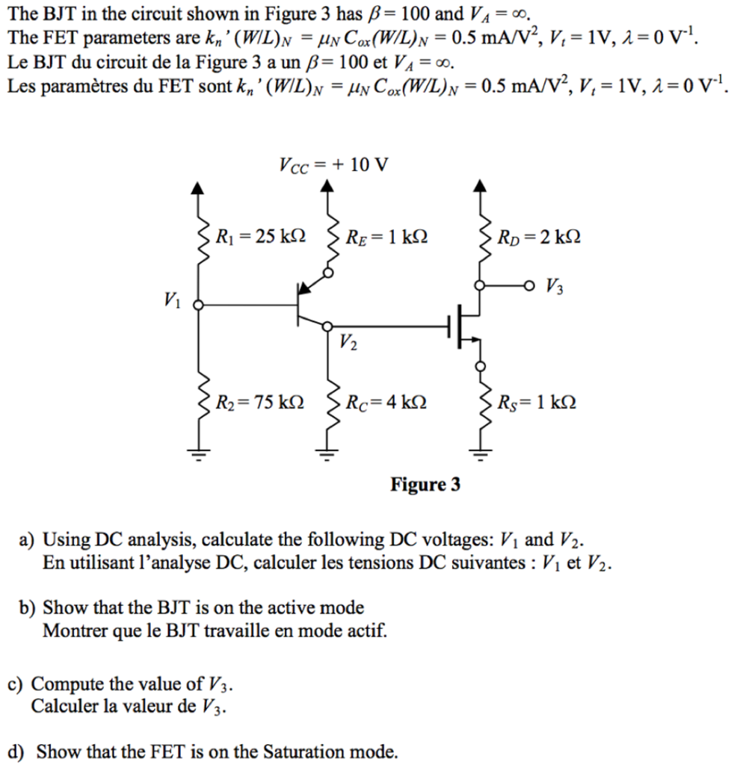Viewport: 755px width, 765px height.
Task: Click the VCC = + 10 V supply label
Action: (x=333, y=164)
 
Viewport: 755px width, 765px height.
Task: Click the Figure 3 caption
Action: (x=425, y=485)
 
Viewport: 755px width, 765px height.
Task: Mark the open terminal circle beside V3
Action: (x=529, y=285)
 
